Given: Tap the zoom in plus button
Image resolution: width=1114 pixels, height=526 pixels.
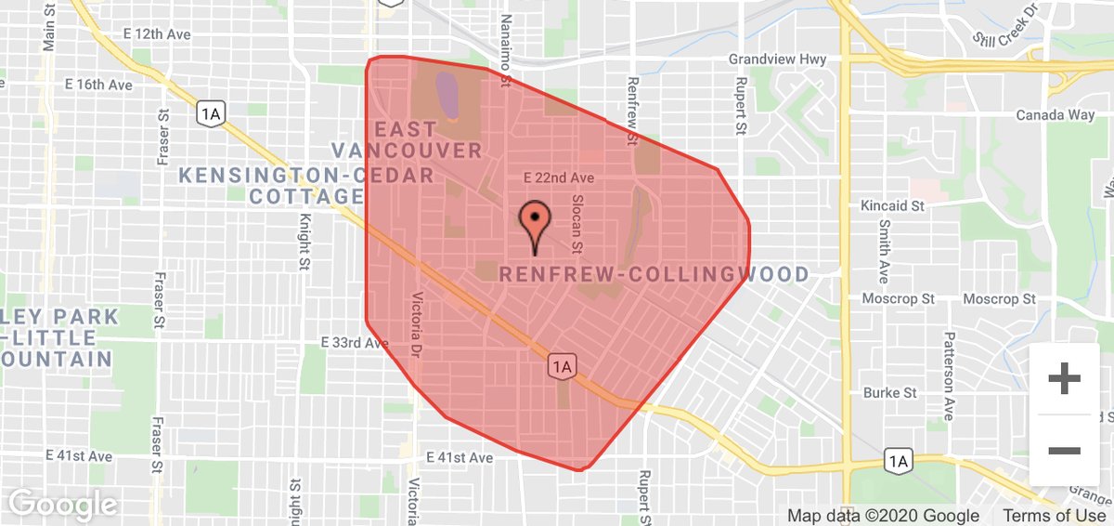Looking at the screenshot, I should (x=1064, y=379).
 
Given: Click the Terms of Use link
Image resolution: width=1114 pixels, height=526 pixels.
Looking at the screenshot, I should (x=1054, y=516).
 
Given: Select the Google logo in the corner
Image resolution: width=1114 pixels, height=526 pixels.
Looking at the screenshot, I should (x=62, y=505).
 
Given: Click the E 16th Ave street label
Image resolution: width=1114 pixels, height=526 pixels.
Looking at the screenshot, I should (x=98, y=85).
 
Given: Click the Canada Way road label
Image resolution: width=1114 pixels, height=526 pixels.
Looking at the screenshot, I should (x=1055, y=115).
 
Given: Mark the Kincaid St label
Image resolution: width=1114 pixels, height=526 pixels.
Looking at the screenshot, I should (x=893, y=204).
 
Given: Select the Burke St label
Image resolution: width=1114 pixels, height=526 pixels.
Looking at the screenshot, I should (x=889, y=393).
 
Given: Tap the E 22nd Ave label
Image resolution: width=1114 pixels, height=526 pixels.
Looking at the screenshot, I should (x=557, y=177).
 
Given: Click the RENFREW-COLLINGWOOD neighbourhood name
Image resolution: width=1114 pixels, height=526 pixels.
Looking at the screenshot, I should (x=654, y=275).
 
